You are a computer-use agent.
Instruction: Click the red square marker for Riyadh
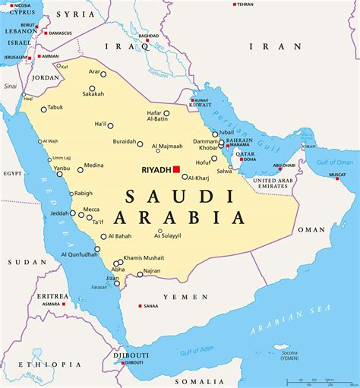click(176, 169)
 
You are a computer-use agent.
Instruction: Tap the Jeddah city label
click(60, 213)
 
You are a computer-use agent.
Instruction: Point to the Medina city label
click(93, 165)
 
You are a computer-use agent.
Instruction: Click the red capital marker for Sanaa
click(140, 306)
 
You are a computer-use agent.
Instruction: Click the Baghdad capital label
click(148, 36)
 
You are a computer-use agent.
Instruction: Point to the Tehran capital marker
click(232, 5)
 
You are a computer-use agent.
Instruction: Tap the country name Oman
click(311, 229)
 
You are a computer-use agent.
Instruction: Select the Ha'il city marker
click(110, 126)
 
